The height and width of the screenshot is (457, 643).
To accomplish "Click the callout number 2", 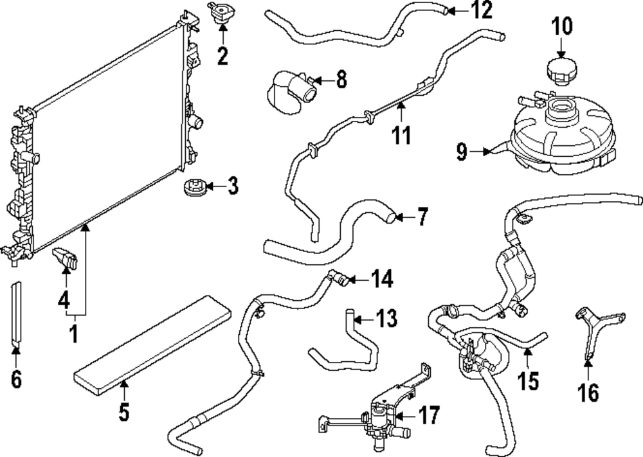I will point(222,56).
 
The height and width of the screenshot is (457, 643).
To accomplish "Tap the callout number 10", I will point(561,26).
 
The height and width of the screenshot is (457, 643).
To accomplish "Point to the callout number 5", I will point(124,411).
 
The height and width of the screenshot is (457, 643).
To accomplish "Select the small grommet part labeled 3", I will point(192,189).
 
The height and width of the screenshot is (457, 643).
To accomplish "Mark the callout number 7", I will point(422,218).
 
